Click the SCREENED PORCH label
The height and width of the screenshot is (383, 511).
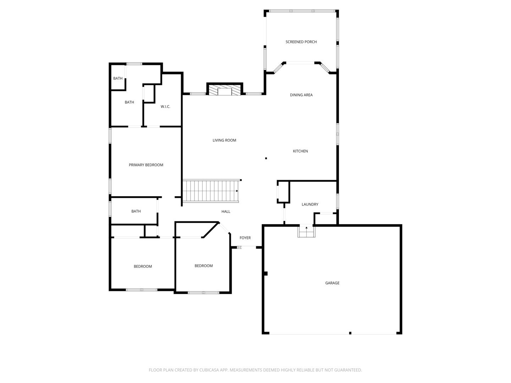[301, 42]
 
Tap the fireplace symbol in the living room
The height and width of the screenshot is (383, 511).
[225, 90]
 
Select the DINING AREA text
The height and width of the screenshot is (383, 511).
[301, 95]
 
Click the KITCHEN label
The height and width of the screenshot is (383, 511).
[300, 151]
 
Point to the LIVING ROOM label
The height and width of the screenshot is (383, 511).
[224, 140]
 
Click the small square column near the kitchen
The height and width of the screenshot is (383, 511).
[266, 158]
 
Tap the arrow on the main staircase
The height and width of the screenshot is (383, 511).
[237, 191]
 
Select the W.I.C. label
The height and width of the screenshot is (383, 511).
[165, 106]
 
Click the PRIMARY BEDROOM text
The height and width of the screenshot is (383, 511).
[146, 165]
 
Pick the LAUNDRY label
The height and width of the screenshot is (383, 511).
[310, 204]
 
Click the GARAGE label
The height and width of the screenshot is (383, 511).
[332, 283]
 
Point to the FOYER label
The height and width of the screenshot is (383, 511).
[245, 238]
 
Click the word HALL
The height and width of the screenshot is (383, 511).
[226, 211]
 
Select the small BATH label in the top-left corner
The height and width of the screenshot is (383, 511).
[118, 78]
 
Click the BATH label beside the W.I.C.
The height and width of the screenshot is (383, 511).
[129, 102]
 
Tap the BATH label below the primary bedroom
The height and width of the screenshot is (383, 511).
[136, 211]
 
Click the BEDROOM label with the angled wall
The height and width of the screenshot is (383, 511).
[204, 266]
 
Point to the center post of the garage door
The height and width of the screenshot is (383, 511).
[350, 333]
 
